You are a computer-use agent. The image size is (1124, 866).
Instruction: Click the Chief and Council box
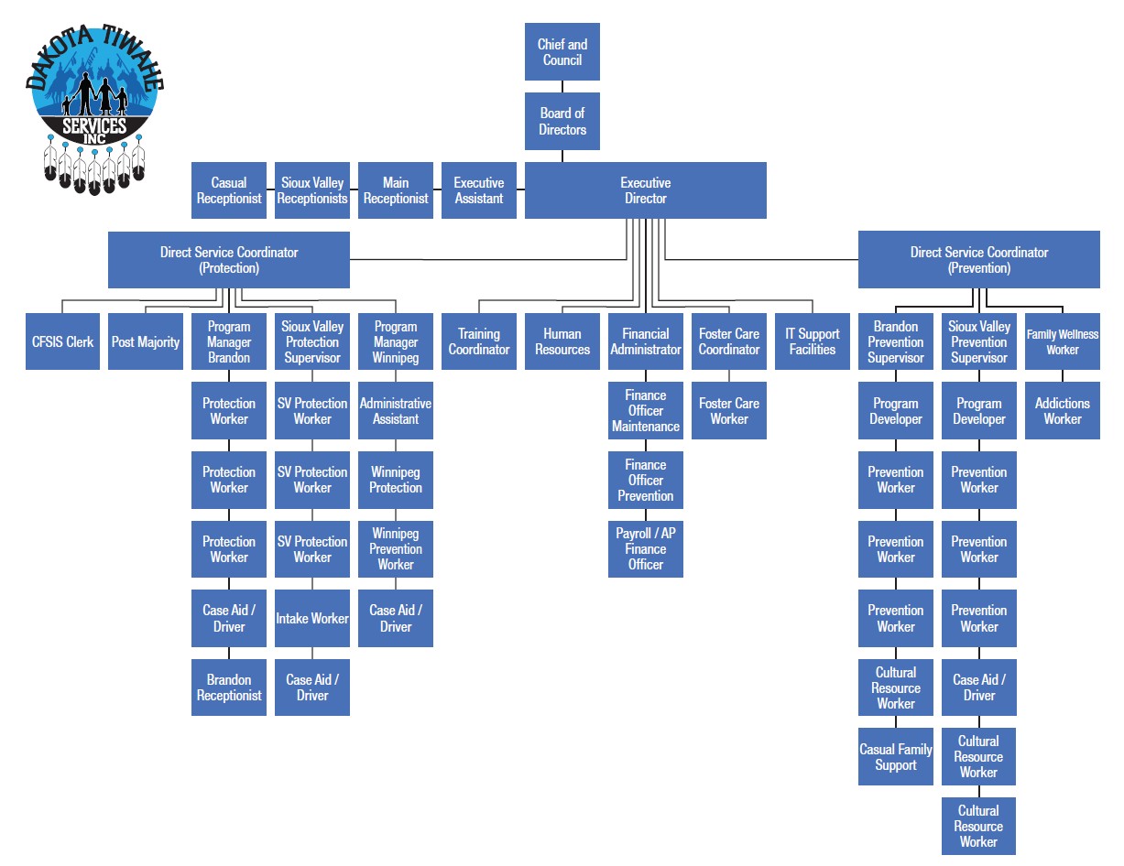(x=562, y=52)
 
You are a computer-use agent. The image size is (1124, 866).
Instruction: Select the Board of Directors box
(x=562, y=122)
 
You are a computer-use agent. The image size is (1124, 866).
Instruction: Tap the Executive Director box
(x=645, y=190)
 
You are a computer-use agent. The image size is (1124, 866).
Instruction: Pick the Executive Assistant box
(x=478, y=190)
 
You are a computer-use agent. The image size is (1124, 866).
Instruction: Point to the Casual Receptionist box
(x=229, y=190)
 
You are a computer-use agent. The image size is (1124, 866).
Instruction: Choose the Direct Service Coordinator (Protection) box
(x=229, y=260)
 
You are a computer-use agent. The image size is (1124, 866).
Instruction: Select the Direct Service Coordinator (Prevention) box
(x=978, y=260)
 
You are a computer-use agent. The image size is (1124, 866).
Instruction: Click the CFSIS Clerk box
(x=62, y=341)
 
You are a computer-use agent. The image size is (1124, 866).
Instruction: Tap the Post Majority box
(x=146, y=341)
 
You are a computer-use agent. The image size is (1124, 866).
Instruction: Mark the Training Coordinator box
(x=479, y=341)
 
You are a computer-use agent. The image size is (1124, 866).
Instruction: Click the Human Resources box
(x=562, y=341)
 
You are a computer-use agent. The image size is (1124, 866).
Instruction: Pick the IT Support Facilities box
(x=813, y=341)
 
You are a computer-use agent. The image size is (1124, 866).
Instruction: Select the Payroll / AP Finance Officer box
(x=645, y=549)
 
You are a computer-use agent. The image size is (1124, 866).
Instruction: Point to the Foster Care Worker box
(x=729, y=411)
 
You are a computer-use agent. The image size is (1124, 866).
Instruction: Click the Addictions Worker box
(x=1062, y=411)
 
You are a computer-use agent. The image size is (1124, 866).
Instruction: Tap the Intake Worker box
(x=312, y=619)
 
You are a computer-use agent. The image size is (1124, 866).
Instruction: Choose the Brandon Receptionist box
(x=229, y=687)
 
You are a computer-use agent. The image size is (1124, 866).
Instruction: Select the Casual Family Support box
(x=895, y=757)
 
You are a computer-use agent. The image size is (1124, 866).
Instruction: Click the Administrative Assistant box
(x=396, y=411)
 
